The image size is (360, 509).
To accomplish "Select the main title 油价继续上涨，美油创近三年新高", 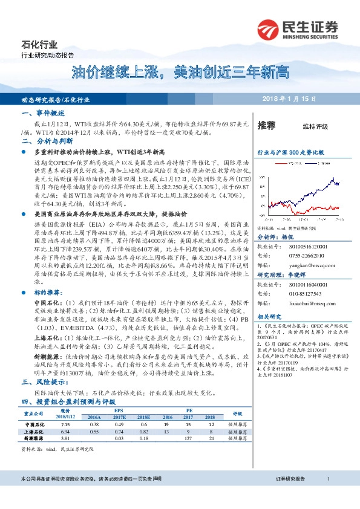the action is coord(180,73).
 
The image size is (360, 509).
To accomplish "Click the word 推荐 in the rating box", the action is coord(266,126).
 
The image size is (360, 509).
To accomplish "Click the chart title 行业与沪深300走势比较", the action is coord(291,154).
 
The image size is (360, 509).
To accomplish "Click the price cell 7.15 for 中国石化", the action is coord(67,409).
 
